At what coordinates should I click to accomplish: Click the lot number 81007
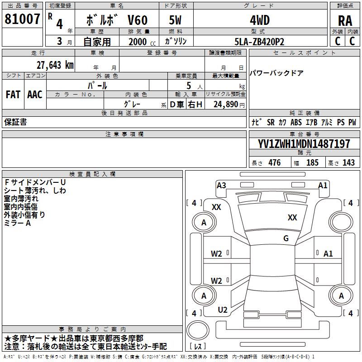point(23,19)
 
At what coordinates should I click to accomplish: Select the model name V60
point(136,20)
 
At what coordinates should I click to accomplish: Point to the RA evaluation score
point(345,21)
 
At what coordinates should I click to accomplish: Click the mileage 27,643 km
point(53,65)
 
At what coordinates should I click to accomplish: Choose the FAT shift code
point(13,94)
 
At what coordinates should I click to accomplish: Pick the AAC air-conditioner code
point(35,94)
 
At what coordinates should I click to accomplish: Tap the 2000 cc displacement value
point(138,42)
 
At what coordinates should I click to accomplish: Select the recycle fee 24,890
point(225,104)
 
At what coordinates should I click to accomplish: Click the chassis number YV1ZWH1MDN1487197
point(304,144)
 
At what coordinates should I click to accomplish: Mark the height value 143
point(348,163)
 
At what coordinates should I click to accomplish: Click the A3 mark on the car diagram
point(221,185)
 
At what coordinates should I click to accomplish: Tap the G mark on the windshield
point(286,238)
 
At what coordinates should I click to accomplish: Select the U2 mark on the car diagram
point(223,310)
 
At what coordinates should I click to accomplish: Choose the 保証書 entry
point(15,122)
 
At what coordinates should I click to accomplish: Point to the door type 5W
point(176,20)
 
